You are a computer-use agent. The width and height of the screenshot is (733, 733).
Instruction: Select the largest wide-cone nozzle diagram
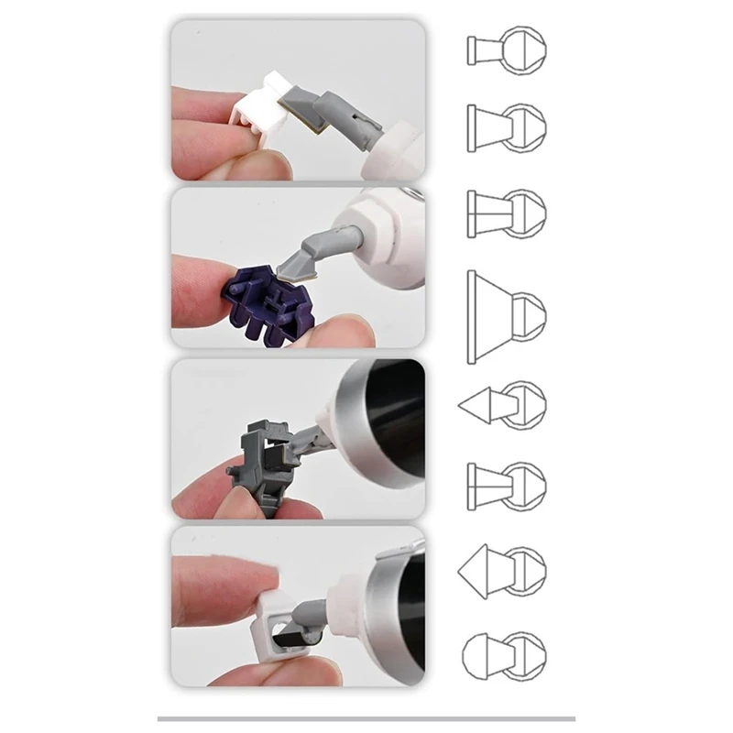click(505, 316)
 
